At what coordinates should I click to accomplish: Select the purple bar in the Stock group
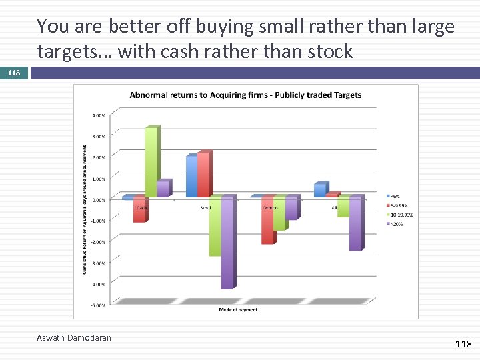[227, 243]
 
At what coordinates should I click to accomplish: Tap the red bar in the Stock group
[203, 175]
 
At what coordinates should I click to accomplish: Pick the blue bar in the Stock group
[192, 176]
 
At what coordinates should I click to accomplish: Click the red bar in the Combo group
[267, 220]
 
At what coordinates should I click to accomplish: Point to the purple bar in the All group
[355, 223]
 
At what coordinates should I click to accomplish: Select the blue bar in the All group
[320, 190]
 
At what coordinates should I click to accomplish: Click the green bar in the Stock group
[215, 227]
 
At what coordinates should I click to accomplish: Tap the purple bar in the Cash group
[163, 189]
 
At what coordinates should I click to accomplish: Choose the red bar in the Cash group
[139, 209]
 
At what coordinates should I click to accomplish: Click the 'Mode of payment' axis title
[238, 310]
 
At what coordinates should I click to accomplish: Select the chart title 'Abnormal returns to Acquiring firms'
[245, 95]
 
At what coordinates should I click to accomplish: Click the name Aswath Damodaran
[74, 338]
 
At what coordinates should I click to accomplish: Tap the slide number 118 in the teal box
[15, 73]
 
